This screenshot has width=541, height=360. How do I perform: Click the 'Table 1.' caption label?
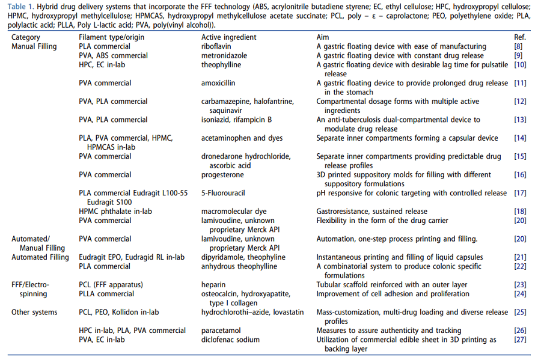point(22,6)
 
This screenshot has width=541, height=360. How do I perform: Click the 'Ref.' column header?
point(521,37)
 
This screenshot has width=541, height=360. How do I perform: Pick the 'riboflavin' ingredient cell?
point(217,46)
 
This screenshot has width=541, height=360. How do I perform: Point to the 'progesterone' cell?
point(222,175)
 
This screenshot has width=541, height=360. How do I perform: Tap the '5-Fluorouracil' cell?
point(223,193)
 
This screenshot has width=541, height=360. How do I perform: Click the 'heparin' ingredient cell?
point(213,284)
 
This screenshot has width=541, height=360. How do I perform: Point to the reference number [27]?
point(521,340)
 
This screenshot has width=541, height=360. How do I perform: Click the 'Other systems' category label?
point(34,312)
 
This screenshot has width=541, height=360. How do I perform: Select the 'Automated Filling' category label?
point(40,257)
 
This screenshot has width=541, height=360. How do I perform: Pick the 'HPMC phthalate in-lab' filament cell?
point(115,212)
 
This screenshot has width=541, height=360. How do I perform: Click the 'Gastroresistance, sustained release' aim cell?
point(372,212)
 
